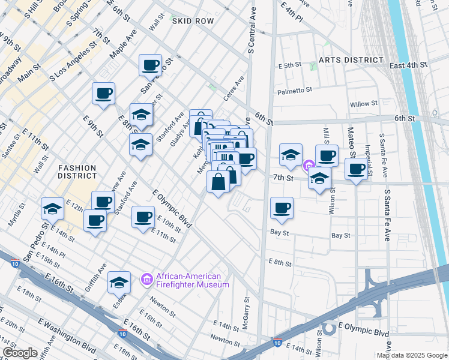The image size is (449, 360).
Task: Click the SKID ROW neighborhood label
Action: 192,21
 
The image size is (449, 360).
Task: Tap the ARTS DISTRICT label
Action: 351,60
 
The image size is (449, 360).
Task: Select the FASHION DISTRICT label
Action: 77,172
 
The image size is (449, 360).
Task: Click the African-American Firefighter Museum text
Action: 192,280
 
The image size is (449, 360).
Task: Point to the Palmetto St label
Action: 295,91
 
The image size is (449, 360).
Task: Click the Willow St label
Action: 364,104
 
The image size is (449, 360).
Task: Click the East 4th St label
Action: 408,65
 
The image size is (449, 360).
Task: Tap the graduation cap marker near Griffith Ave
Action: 119,281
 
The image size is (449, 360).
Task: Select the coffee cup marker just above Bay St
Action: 282,208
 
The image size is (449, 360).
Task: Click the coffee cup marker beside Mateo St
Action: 356,169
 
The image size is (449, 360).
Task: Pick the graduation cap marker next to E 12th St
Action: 53,208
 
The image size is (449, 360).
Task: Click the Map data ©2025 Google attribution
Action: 412,355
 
